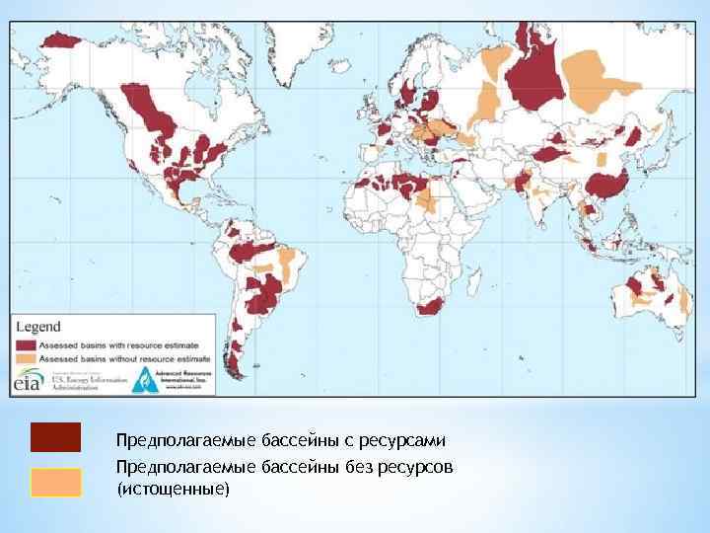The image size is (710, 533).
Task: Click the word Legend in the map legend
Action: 37,327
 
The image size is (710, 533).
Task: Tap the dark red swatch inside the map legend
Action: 26,344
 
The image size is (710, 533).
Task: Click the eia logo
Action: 28,382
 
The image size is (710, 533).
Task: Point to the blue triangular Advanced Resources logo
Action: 142,381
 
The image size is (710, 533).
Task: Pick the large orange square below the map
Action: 55,483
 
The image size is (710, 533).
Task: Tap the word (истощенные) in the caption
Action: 172,489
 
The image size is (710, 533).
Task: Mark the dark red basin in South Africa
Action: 430,306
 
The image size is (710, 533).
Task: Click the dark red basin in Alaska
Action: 61,39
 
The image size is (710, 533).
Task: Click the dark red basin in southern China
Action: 605,185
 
